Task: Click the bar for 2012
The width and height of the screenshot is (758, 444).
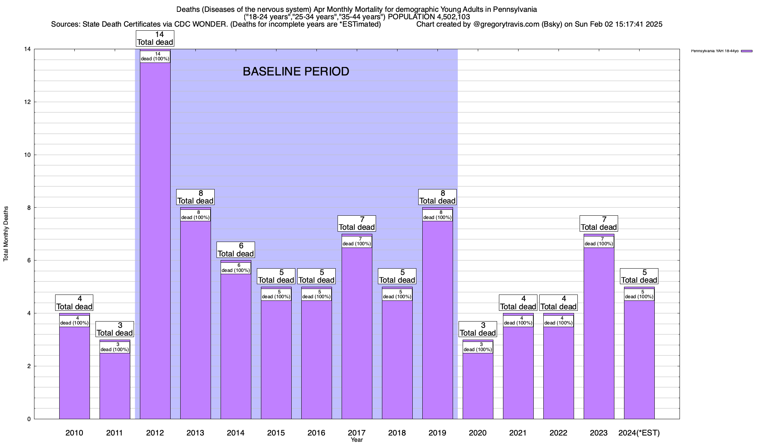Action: click(x=155, y=240)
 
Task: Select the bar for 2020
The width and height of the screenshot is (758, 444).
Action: click(x=477, y=385)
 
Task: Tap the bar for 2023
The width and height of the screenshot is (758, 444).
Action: click(x=598, y=333)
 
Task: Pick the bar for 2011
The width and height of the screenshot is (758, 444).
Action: click(x=115, y=385)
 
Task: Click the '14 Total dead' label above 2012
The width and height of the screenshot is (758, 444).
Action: click(x=155, y=38)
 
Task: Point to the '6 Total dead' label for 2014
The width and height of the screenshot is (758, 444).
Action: click(x=235, y=250)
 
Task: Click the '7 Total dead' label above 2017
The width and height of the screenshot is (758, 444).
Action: click(x=357, y=223)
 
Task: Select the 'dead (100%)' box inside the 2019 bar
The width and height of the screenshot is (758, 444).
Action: click(x=437, y=215)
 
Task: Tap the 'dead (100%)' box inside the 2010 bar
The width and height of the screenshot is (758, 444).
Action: click(x=74, y=321)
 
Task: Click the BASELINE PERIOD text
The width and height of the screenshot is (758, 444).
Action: click(x=296, y=71)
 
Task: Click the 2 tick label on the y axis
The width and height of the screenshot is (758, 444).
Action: click(x=28, y=366)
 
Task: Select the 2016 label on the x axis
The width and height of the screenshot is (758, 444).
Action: click(x=316, y=433)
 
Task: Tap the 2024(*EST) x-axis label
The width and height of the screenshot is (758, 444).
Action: click(x=639, y=433)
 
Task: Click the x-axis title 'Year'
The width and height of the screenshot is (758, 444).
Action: click(x=357, y=440)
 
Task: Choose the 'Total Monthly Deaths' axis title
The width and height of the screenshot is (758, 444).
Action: click(x=6, y=234)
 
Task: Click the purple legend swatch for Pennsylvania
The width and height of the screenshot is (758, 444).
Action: click(x=747, y=51)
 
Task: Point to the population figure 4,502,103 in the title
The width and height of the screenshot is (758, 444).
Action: click(x=447, y=17)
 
